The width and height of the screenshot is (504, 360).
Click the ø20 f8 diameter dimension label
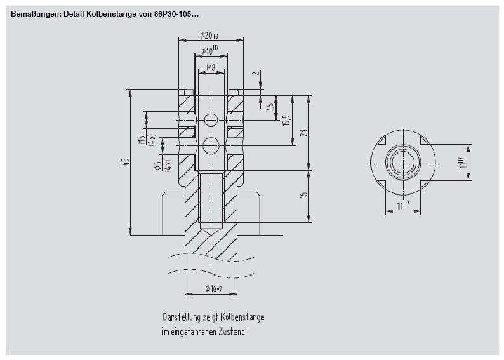point(209,36)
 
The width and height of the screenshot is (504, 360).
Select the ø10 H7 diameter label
point(209,50)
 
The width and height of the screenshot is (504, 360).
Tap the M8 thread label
point(211,67)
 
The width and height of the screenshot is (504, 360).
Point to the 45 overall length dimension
point(126,163)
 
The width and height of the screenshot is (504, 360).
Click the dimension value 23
point(303,133)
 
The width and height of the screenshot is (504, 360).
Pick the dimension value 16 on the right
point(303,196)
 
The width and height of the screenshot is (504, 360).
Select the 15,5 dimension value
point(286,121)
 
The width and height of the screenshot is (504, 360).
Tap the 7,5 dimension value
point(270,108)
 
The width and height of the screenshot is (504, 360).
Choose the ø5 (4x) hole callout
point(159,166)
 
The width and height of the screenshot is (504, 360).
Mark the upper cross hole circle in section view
point(211,121)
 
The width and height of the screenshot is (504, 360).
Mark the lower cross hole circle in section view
point(211,146)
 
